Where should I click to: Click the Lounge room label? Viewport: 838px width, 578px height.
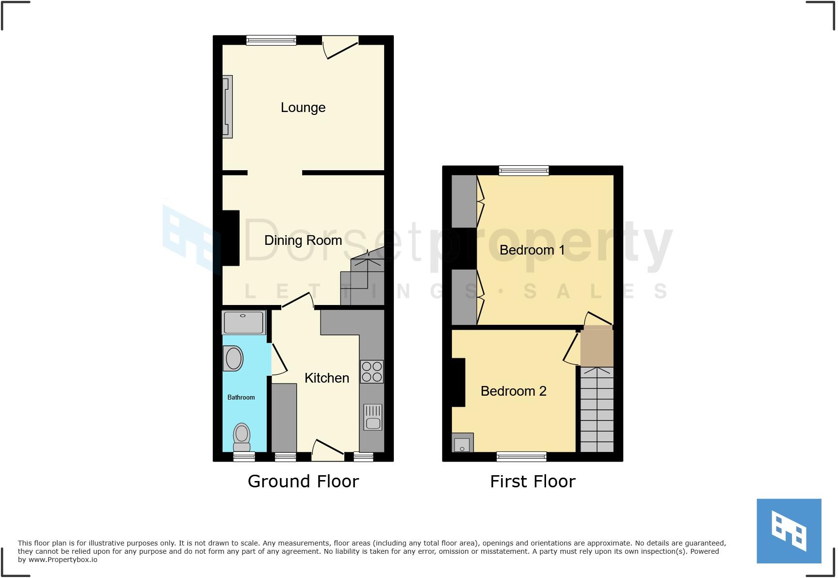click(303, 108)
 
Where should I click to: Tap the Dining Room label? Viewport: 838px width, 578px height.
click(303, 241)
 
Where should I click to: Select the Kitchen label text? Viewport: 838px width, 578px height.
click(327, 378)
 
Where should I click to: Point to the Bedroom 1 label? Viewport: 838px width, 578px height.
click(532, 250)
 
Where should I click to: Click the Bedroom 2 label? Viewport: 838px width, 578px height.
click(514, 391)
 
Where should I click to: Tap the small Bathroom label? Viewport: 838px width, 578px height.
click(241, 398)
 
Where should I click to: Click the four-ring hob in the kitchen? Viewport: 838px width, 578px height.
click(371, 372)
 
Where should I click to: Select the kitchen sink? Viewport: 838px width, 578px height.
click(373, 417)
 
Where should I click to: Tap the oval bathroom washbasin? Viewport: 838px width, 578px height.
click(233, 359)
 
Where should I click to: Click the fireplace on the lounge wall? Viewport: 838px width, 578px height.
click(227, 107)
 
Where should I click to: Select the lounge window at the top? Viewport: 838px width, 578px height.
click(271, 41)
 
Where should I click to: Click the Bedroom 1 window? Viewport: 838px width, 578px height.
click(524, 171)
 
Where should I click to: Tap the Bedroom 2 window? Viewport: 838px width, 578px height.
click(521, 457)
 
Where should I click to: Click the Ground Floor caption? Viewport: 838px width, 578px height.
click(303, 482)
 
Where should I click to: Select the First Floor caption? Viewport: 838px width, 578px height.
click(532, 482)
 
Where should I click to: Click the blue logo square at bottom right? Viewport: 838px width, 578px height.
click(789, 531)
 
